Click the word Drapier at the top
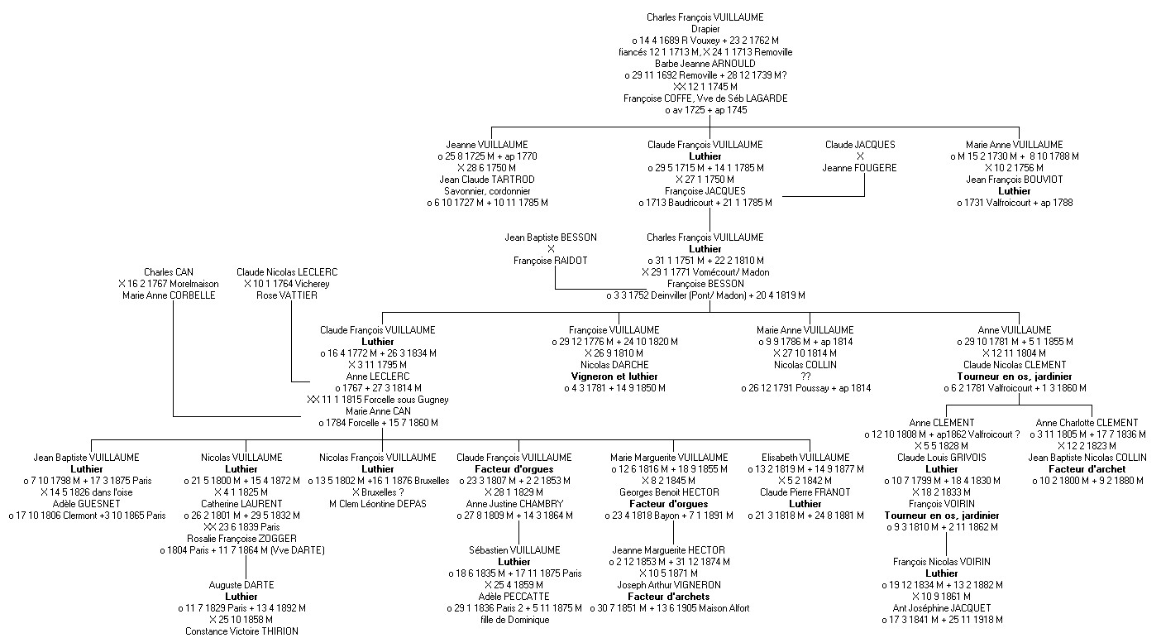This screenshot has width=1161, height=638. click(705, 29)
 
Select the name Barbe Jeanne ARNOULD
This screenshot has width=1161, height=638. click(705, 64)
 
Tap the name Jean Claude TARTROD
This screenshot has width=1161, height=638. click(485, 180)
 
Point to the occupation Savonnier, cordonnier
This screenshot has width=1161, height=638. click(486, 191)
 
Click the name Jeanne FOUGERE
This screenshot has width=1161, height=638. click(859, 168)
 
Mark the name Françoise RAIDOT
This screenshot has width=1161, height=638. click(550, 261)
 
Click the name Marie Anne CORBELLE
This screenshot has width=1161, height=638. click(168, 295)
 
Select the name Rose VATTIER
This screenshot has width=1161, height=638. click(286, 295)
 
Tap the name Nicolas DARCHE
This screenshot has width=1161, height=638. click(614, 365)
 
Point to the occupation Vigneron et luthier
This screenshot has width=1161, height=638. click(614, 377)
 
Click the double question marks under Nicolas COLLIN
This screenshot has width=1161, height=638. click(805, 377)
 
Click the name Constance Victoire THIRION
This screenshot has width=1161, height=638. click(241, 631)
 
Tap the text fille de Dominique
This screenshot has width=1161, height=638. click(514, 620)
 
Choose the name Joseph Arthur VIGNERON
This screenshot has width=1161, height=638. click(669, 585)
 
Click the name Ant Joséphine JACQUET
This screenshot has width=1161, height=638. click(941, 608)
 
